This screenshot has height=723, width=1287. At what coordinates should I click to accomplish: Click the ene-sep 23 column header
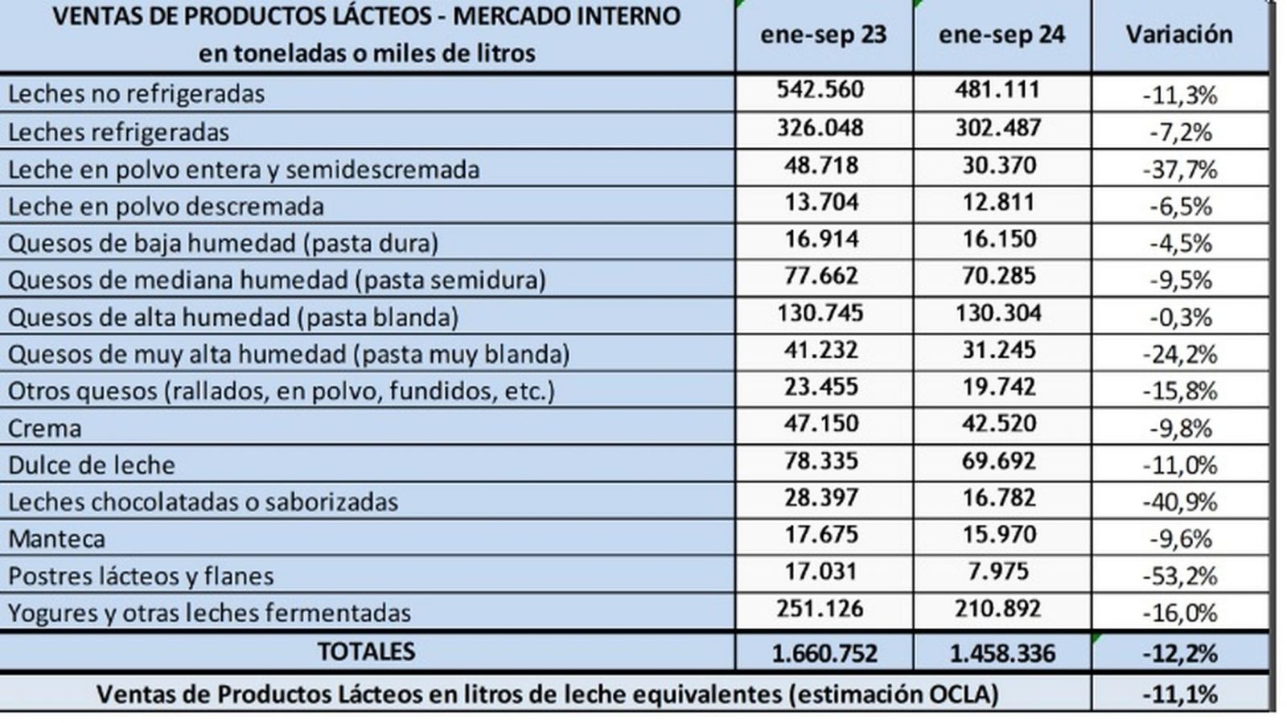pyautogui.click(x=823, y=35)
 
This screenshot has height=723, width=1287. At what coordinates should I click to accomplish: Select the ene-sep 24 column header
pyautogui.click(x=1001, y=35)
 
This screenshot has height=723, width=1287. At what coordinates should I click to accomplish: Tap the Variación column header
pyautogui.click(x=1178, y=35)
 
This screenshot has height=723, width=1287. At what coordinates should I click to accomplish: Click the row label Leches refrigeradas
pyautogui.click(x=118, y=132)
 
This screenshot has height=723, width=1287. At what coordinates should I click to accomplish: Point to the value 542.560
pyautogui.click(x=820, y=89)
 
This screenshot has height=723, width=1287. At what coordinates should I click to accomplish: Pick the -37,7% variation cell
pyautogui.click(x=1180, y=170)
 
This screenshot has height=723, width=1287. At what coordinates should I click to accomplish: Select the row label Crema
pyautogui.click(x=44, y=428)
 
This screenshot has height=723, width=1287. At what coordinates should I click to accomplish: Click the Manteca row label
pyautogui.click(x=56, y=539)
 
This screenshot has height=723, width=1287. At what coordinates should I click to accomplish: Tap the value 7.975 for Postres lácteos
pyautogui.click(x=998, y=572)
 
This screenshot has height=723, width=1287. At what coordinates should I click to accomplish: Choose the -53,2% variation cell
pyautogui.click(x=1180, y=577)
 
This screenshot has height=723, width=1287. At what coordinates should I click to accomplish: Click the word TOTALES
pyautogui.click(x=366, y=651)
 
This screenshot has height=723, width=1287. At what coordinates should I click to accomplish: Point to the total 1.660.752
pyautogui.click(x=824, y=654)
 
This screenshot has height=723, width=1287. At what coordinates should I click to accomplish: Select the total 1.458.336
pyautogui.click(x=1002, y=654)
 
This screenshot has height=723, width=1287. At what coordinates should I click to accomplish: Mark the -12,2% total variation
pyautogui.click(x=1180, y=654)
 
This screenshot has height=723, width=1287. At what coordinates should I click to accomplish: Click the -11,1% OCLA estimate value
pyautogui.click(x=1180, y=694)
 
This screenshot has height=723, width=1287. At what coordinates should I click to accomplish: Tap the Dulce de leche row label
pyautogui.click(x=91, y=465)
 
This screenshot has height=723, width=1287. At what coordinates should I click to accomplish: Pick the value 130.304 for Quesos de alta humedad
pyautogui.click(x=998, y=313)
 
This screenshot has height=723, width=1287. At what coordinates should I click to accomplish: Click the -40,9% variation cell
pyautogui.click(x=1180, y=503)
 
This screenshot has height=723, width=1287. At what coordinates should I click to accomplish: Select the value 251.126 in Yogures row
pyautogui.click(x=820, y=609)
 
